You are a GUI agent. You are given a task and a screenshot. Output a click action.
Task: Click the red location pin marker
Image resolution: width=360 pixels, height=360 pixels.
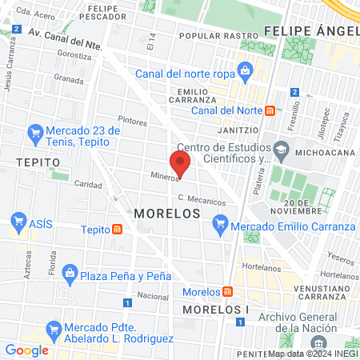[x=181, y=164]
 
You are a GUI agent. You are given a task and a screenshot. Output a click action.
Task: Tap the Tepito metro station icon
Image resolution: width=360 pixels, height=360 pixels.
[x=118, y=230]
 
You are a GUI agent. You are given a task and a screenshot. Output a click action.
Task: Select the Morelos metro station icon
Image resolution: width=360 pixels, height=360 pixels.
[x=228, y=291]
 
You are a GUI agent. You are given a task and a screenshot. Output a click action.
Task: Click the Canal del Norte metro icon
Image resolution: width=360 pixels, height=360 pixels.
[x=270, y=110]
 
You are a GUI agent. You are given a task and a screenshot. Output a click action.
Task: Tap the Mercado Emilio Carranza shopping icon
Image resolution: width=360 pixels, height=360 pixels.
[x=220, y=226]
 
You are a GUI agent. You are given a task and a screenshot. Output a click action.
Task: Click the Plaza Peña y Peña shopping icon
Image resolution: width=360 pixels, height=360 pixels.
[x=70, y=275]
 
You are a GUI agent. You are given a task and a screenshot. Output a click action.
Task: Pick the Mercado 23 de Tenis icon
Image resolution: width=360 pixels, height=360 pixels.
[x=34, y=131]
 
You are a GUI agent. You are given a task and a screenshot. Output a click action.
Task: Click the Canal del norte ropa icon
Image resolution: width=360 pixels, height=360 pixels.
[x=244, y=70]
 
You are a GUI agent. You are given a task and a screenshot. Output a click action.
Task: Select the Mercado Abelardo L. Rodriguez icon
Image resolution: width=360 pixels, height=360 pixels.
[x=54, y=328]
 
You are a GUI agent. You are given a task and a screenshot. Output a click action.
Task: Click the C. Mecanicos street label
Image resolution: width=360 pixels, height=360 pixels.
[x=202, y=200]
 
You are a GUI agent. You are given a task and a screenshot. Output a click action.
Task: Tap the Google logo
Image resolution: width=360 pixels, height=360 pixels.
[x=26, y=350]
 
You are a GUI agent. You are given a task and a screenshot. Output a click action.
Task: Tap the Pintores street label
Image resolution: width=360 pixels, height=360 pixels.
[x=132, y=122]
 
